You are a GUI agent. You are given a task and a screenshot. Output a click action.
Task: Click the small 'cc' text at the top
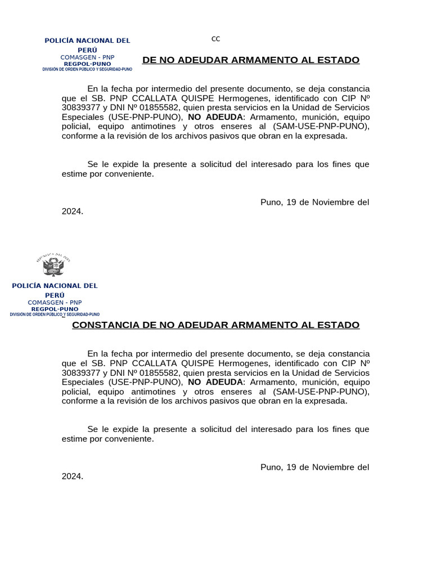click(215, 39)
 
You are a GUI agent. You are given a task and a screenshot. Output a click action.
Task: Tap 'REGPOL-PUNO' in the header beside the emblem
click(55, 309)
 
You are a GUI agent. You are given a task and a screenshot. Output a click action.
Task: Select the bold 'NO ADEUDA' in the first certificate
click(215, 116)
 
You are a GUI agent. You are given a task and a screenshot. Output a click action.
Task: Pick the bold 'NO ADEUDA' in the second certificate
click(215, 382)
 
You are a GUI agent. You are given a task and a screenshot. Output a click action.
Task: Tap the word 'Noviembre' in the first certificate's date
click(333, 202)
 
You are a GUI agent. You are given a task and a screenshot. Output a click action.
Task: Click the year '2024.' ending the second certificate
click(73, 476)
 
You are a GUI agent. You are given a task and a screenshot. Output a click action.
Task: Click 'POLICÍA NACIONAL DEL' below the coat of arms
click(55, 286)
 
